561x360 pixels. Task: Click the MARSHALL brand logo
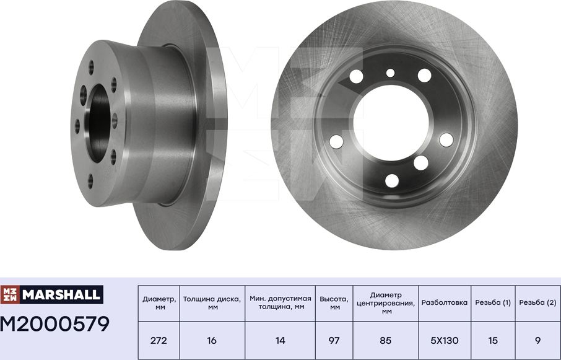[x=51, y=295]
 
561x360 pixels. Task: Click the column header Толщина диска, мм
[x=212, y=303]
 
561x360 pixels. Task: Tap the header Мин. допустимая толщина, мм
[x=280, y=303]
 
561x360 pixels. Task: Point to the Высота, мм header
[x=334, y=303]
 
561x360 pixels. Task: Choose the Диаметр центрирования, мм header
[x=386, y=303]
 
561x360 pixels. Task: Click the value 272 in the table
[x=159, y=341]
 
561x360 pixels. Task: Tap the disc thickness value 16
[x=212, y=341]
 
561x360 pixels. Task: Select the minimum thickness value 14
[x=280, y=341]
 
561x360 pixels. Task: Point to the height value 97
[x=334, y=341]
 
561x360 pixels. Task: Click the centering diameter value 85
[x=386, y=341]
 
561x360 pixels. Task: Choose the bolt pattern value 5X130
[x=445, y=341]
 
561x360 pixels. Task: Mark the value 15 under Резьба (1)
[x=493, y=341]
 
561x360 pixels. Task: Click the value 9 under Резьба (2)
[x=537, y=341]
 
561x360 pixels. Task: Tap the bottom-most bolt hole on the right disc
[x=392, y=180]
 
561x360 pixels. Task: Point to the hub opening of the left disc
[x=100, y=118]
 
